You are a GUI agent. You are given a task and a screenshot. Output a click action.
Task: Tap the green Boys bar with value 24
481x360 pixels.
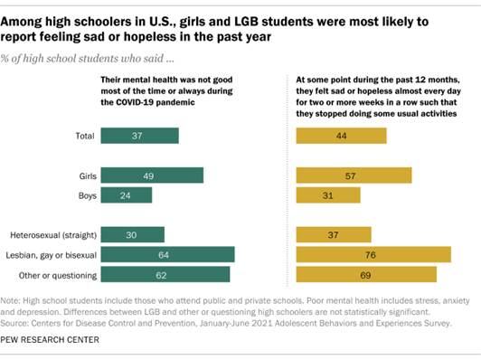(x=127, y=194)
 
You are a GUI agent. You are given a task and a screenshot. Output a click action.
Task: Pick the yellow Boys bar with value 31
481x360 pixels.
(x=328, y=194)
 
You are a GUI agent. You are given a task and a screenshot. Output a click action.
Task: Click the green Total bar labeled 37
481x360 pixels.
(x=139, y=136)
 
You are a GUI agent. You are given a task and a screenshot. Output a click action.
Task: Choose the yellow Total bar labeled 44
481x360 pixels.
(x=342, y=136)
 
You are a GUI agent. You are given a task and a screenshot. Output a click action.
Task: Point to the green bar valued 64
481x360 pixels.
(x=167, y=254)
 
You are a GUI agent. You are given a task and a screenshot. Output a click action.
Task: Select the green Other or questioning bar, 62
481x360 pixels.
(x=165, y=273)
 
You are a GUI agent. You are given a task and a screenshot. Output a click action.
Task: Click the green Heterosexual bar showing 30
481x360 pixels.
(x=132, y=234)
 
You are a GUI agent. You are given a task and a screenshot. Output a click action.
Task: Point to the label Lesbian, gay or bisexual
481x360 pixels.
(x=51, y=254)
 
